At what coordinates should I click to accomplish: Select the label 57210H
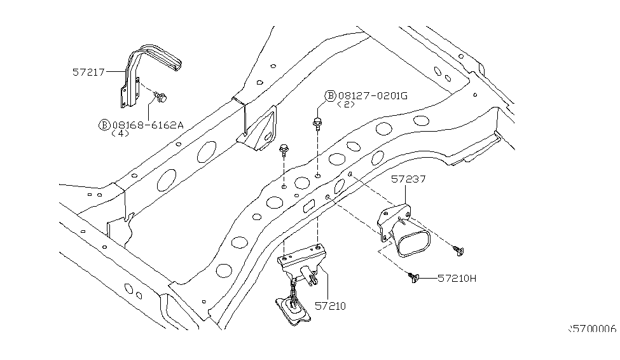click(459, 279)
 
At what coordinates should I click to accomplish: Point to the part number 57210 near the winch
click(330, 306)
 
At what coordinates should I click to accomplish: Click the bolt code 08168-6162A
click(147, 125)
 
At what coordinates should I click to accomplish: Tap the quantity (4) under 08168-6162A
click(120, 134)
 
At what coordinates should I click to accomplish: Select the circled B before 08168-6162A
click(104, 125)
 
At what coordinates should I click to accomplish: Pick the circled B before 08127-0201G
click(330, 96)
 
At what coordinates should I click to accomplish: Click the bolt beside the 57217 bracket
click(160, 98)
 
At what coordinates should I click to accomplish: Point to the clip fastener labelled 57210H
click(414, 278)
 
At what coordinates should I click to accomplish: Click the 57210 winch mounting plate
click(301, 258)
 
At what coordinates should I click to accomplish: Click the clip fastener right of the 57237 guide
click(458, 251)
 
